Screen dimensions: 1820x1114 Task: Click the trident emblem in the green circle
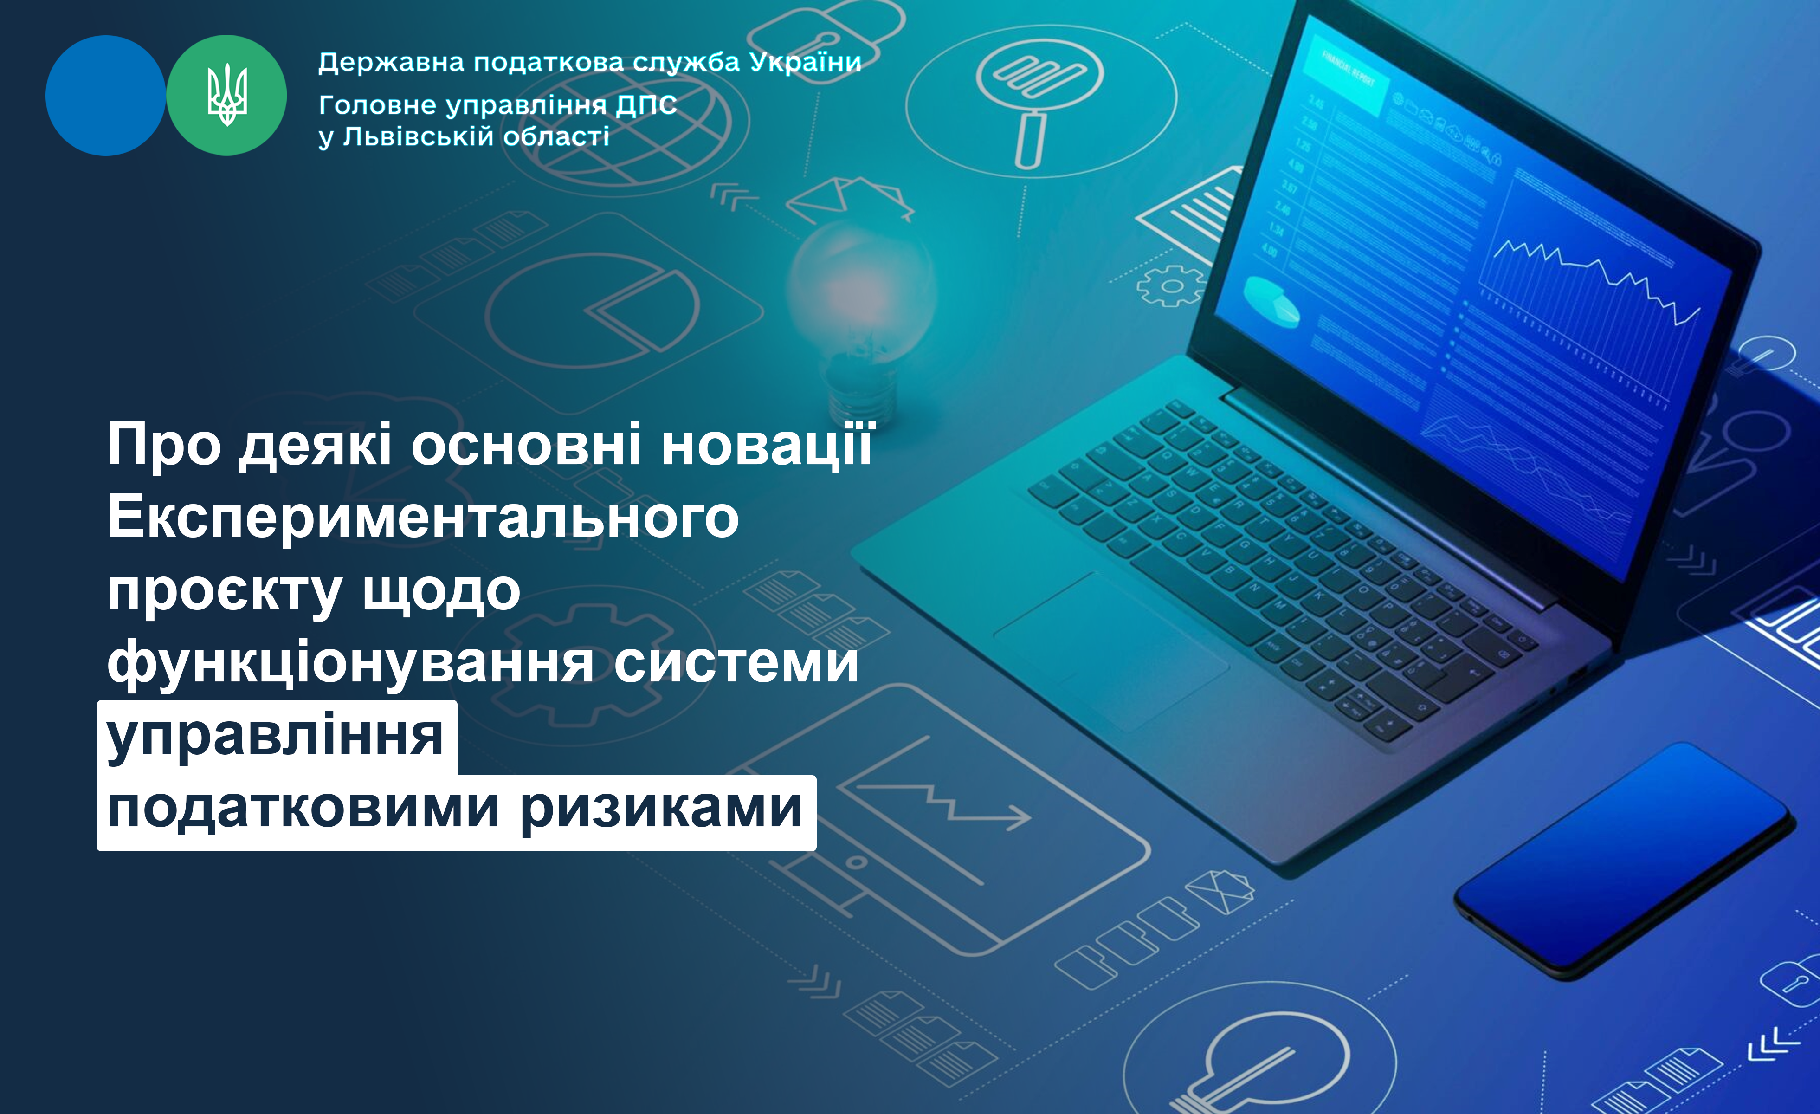[227, 95]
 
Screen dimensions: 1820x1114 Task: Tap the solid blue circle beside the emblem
[106, 95]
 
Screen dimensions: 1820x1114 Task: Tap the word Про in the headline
[164, 445]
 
